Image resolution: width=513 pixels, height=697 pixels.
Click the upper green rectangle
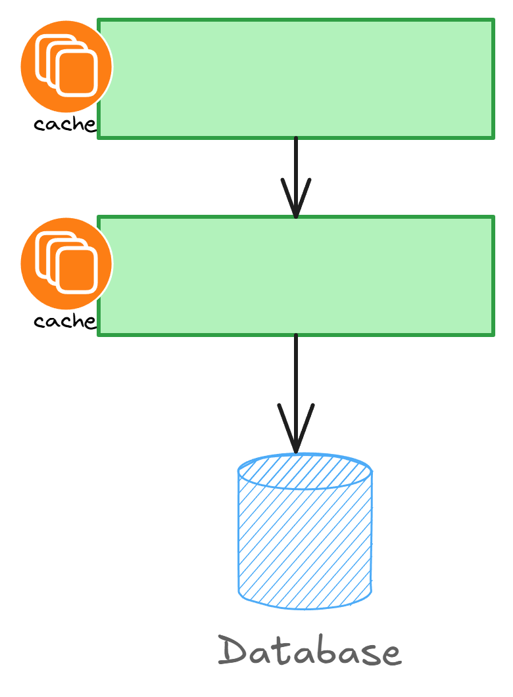(x=296, y=79)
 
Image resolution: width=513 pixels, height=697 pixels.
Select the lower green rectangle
(x=296, y=276)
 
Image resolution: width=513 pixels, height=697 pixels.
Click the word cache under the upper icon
(x=64, y=124)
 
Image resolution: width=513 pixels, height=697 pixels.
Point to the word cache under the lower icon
(x=64, y=321)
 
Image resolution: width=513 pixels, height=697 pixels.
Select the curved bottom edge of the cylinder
(x=305, y=606)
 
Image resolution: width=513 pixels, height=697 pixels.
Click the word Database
(x=309, y=652)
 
